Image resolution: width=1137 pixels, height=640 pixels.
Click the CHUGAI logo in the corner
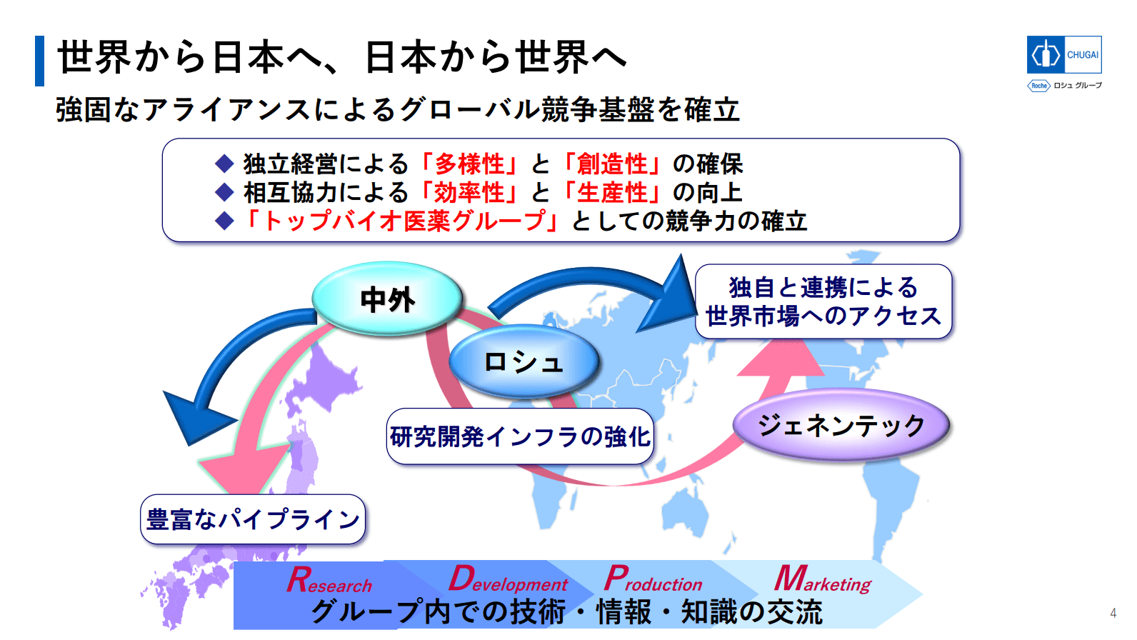[1064, 54]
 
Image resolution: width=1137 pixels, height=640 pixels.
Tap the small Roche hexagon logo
[1038, 86]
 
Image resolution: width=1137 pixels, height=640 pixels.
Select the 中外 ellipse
[387, 299]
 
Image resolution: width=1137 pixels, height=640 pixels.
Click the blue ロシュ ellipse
[524, 361]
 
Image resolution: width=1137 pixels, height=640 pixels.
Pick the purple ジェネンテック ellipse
[841, 425]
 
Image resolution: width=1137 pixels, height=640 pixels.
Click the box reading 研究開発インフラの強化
[520, 436]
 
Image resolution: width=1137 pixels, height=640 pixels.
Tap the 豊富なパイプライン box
[253, 519]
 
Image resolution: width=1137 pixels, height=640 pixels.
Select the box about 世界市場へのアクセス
[823, 301]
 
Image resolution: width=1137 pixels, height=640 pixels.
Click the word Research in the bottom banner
[329, 579]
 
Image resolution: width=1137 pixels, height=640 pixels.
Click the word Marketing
[823, 579]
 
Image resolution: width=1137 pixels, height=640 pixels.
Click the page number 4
[1113, 613]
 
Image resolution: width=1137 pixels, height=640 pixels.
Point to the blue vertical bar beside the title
[39, 61]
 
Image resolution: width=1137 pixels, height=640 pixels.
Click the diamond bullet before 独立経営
[224, 164]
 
